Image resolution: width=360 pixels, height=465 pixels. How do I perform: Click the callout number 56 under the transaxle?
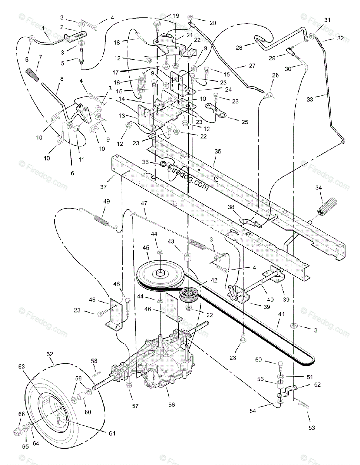pyautogui.click(x=172, y=404)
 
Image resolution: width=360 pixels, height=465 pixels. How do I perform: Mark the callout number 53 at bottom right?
pyautogui.click(x=312, y=428)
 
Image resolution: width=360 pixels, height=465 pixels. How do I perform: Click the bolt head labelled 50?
pyautogui.click(x=281, y=364)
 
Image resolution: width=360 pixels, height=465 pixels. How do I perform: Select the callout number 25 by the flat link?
pyautogui.click(x=245, y=122)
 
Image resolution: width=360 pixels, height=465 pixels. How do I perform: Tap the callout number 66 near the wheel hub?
pyautogui.click(x=21, y=414)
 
